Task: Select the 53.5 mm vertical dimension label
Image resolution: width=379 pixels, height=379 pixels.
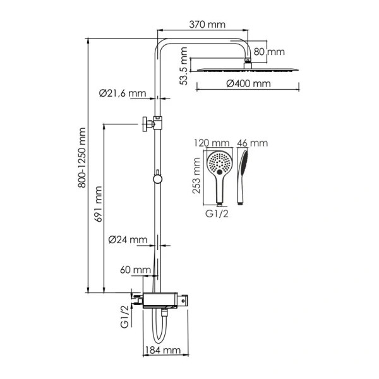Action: click(x=183, y=68)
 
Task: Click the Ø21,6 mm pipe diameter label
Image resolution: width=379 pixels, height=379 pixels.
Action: click(x=122, y=93)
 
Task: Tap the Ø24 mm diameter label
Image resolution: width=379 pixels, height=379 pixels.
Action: click(x=128, y=240)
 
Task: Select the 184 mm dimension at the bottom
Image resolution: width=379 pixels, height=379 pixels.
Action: click(x=163, y=350)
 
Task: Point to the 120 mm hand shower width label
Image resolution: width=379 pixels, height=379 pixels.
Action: click(x=213, y=143)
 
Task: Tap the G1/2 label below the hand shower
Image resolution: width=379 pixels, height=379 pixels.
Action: click(x=219, y=214)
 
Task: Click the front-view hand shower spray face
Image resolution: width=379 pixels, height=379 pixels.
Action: click(x=219, y=164)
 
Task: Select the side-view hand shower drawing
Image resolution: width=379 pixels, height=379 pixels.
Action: click(x=243, y=176)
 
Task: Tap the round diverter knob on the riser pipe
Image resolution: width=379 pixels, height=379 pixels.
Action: click(x=157, y=179)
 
